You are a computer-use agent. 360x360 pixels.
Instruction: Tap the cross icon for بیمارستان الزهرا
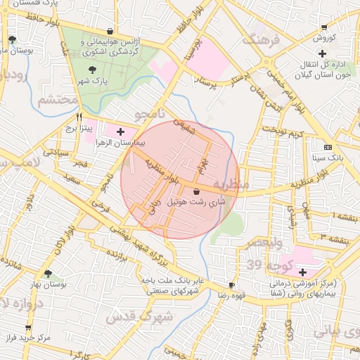120,131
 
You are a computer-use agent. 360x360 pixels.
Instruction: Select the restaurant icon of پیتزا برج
79,117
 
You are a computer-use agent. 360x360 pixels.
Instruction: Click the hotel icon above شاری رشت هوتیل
195,190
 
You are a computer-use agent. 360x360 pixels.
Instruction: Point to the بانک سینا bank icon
328,147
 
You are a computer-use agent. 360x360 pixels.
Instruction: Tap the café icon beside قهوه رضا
231,285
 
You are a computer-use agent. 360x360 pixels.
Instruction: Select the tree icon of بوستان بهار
48,274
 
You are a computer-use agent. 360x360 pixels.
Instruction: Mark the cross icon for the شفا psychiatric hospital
302,271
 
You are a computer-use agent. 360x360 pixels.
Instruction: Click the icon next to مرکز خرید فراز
28,328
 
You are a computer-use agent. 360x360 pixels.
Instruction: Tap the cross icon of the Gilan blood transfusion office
322,53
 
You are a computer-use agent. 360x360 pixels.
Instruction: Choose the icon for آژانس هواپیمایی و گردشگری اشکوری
110,31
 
